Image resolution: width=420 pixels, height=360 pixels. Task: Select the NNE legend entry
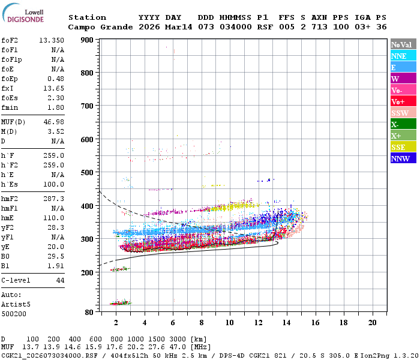coord(403,56)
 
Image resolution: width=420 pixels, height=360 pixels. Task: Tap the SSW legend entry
coord(403,113)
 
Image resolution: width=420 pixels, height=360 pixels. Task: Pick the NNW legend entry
coord(403,158)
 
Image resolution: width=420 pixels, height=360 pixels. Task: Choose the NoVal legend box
coord(403,44)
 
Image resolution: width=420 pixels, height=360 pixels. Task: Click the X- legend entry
coord(403,124)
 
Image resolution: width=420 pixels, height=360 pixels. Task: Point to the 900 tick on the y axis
coord(86,40)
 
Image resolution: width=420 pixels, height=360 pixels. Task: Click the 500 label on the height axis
coord(86,172)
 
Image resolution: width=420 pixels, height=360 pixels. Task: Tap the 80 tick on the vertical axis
coord(88,312)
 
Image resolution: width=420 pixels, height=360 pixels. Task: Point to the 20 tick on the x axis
coord(372,322)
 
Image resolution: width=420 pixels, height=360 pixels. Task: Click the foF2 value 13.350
coord(52,40)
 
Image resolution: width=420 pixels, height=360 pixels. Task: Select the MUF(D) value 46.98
coord(54,121)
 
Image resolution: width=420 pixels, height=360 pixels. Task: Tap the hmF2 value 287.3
coord(54,198)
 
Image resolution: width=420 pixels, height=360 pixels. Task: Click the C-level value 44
coord(59,280)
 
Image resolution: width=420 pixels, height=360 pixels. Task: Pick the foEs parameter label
coord(10,98)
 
